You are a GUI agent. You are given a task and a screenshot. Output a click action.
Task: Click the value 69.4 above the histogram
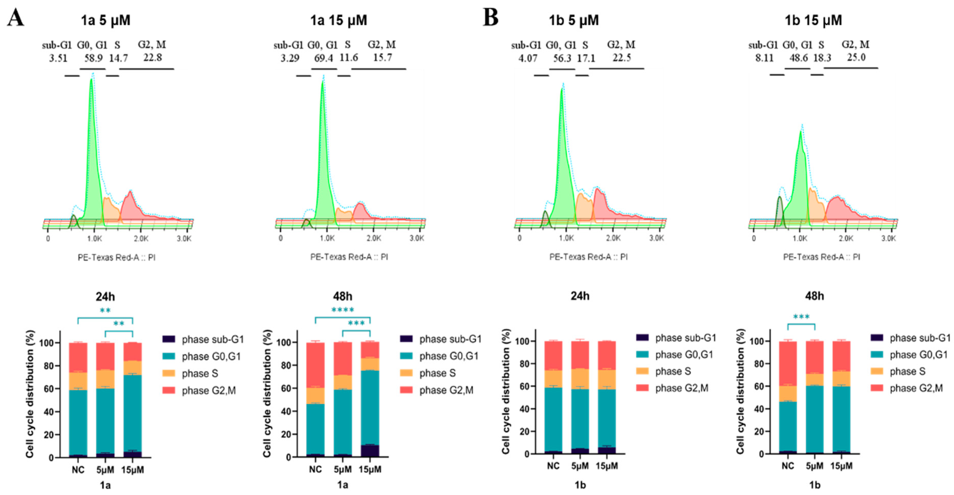coord(323,58)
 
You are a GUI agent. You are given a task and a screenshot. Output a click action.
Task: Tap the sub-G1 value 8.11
coord(764,58)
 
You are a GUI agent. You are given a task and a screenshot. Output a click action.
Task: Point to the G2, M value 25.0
coord(856,57)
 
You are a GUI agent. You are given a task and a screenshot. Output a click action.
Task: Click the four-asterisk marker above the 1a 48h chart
coord(343,310)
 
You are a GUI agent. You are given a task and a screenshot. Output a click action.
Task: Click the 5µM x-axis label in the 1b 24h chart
coord(580,466)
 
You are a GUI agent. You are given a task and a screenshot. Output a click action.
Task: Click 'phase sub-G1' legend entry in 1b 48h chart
coord(919,338)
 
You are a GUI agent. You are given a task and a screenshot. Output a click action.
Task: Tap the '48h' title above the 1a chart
coord(343,296)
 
